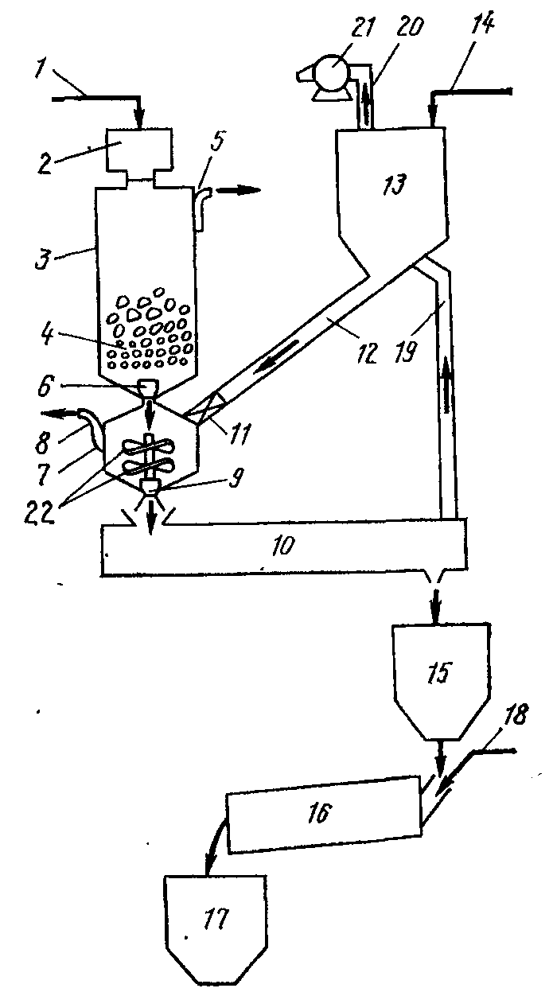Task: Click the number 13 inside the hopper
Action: coord(394,186)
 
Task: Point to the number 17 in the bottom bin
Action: coord(215,920)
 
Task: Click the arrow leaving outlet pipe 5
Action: coord(242,190)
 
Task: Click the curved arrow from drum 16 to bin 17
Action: coord(214,851)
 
